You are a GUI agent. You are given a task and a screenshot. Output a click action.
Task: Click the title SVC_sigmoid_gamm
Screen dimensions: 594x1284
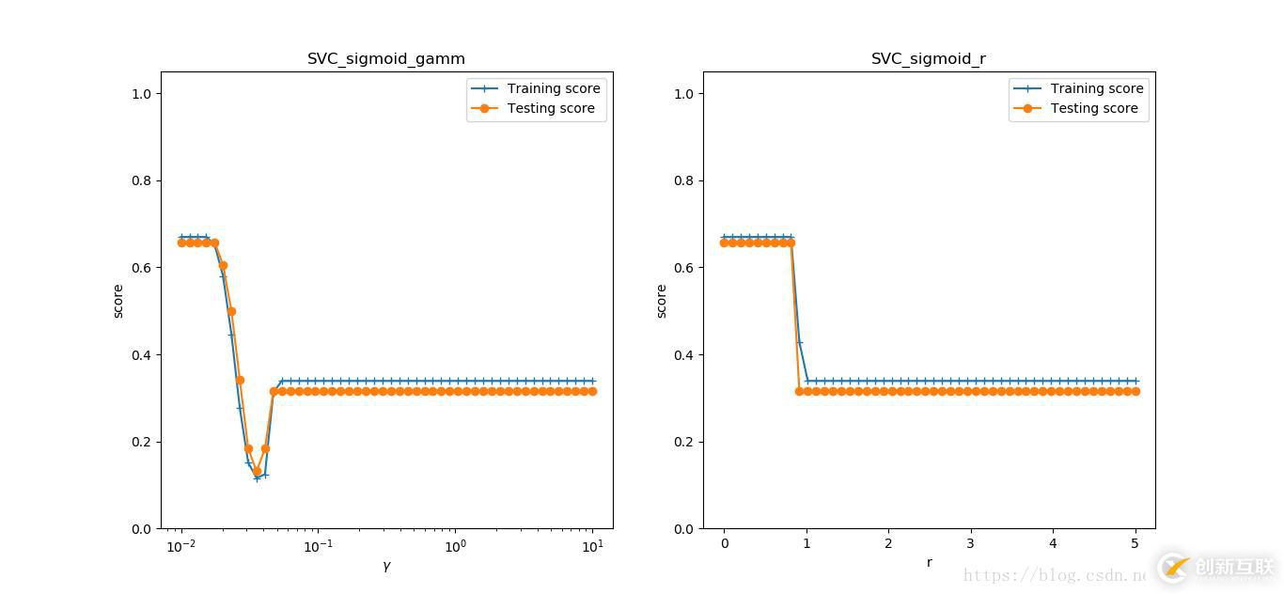(x=386, y=58)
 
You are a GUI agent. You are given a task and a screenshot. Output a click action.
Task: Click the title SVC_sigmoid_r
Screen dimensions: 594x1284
(x=929, y=58)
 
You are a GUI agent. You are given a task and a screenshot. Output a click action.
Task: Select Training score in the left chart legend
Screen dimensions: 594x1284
(x=553, y=88)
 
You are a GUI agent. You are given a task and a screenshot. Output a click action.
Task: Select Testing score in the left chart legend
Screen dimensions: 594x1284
(x=551, y=108)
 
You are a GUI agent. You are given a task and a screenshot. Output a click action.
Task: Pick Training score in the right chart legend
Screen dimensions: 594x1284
(x=1096, y=88)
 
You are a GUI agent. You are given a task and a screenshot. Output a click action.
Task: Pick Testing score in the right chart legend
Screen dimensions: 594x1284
(x=1094, y=108)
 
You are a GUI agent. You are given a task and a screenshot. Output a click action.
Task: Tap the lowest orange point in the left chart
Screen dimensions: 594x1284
(x=257, y=472)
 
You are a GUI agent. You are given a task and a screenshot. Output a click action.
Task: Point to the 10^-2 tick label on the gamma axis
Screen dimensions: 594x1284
(x=181, y=546)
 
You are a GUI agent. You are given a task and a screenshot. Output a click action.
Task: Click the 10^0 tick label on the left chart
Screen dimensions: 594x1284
(x=455, y=546)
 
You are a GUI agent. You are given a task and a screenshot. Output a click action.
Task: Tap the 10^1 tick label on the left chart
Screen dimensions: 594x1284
(x=592, y=546)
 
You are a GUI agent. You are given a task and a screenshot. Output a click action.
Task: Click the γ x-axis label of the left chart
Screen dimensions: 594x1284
(x=386, y=566)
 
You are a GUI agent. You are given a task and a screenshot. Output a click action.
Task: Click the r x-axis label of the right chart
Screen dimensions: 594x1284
(x=930, y=563)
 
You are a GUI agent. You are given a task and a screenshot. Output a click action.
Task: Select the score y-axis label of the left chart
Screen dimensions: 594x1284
(x=118, y=301)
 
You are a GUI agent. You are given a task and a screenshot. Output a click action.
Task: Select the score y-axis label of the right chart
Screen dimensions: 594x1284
(x=662, y=301)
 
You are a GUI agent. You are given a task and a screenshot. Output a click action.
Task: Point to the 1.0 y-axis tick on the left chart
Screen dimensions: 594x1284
(x=141, y=94)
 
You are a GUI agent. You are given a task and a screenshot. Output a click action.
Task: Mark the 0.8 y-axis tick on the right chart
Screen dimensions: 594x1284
(x=684, y=180)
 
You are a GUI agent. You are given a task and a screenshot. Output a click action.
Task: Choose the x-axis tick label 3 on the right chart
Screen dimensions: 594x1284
(x=971, y=544)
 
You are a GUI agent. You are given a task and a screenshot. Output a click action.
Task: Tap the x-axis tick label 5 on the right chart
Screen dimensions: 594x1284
(x=1135, y=544)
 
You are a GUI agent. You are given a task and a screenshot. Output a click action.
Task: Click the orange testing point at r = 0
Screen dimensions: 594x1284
(x=725, y=242)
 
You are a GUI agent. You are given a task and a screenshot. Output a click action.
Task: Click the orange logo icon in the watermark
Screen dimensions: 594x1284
(x=1174, y=567)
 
